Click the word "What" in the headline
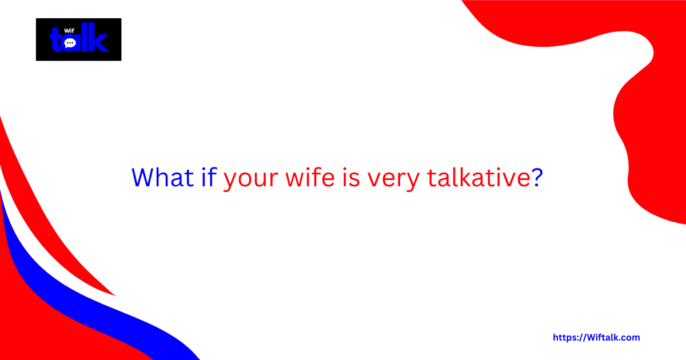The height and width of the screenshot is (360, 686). (163, 178)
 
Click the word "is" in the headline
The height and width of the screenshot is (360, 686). (352, 178)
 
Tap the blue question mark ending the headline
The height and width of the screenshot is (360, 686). (537, 178)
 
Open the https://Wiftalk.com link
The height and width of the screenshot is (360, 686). (596, 338)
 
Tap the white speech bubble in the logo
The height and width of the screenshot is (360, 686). (70, 43)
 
